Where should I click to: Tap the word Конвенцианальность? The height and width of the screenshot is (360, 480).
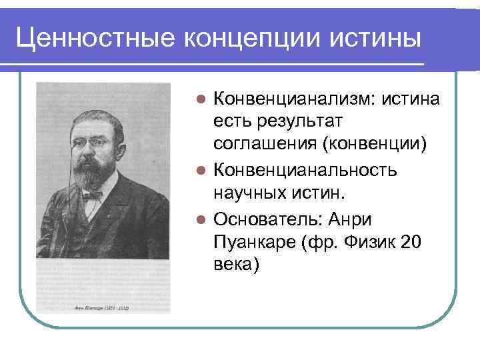click(305, 170)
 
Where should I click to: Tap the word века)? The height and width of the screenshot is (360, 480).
click(235, 265)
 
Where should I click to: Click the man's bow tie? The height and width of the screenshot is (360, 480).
click(91, 195)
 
